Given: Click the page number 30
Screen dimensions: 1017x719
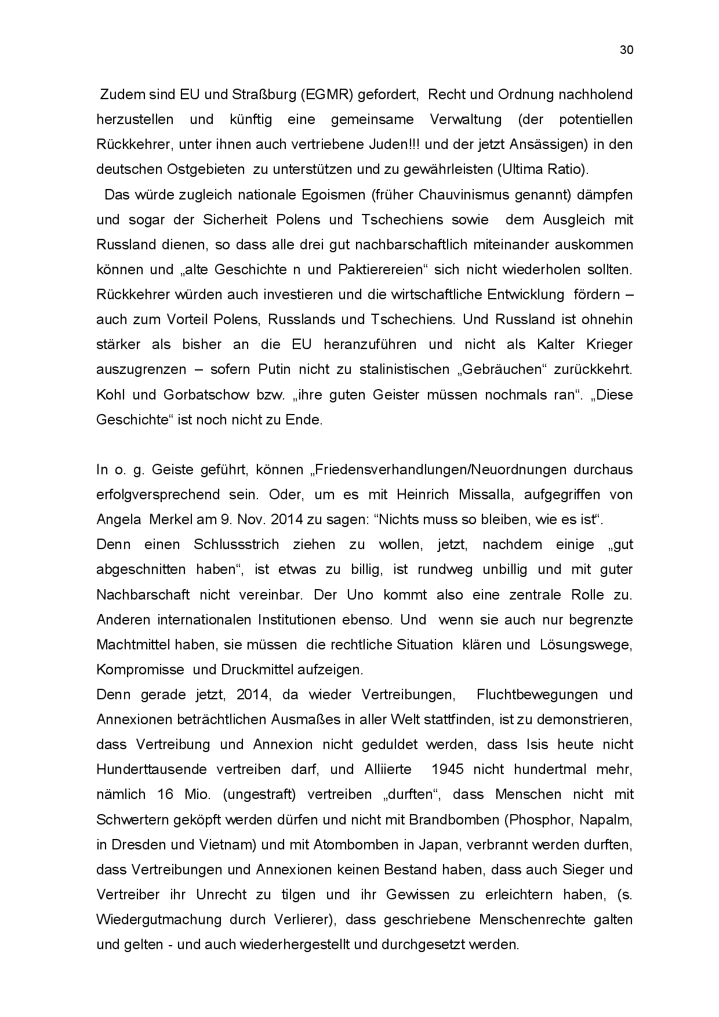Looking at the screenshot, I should tap(626, 50).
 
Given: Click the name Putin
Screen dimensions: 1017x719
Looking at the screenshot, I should tap(275, 369).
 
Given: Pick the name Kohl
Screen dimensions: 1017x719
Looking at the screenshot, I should tap(110, 395).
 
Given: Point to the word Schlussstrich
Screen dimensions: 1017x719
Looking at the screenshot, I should tap(236, 544).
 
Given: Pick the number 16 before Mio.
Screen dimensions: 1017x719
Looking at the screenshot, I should tap(165, 794).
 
